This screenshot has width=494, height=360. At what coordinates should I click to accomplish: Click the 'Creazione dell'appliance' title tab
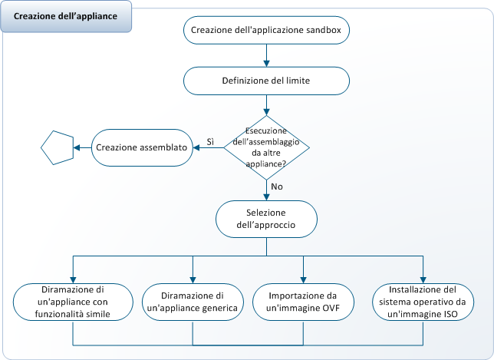click(66, 16)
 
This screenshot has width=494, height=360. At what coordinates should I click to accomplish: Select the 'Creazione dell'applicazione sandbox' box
click(266, 31)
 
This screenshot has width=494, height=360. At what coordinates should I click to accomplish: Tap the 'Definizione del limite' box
click(266, 80)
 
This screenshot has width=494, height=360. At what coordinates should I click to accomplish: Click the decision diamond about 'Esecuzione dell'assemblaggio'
click(266, 147)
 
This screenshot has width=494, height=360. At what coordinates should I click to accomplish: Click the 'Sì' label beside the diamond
click(210, 141)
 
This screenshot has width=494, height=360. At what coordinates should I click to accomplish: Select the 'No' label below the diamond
click(276, 187)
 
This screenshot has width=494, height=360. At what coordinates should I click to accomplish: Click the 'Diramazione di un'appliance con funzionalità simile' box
click(72, 302)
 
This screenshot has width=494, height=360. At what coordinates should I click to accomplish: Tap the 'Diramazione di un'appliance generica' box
click(193, 302)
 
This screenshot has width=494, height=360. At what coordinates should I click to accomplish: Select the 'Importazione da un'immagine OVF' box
click(305, 302)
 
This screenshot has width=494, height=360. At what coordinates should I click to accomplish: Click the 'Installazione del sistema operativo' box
click(423, 302)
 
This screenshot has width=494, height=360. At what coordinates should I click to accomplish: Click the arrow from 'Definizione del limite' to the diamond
click(266, 104)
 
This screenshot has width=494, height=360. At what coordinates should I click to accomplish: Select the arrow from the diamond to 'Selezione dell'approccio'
click(266, 190)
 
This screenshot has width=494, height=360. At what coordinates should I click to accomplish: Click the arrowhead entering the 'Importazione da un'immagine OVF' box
click(305, 279)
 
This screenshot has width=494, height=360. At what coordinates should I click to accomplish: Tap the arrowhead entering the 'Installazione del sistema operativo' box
click(423, 279)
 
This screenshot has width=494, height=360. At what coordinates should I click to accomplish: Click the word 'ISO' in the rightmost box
click(454, 314)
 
